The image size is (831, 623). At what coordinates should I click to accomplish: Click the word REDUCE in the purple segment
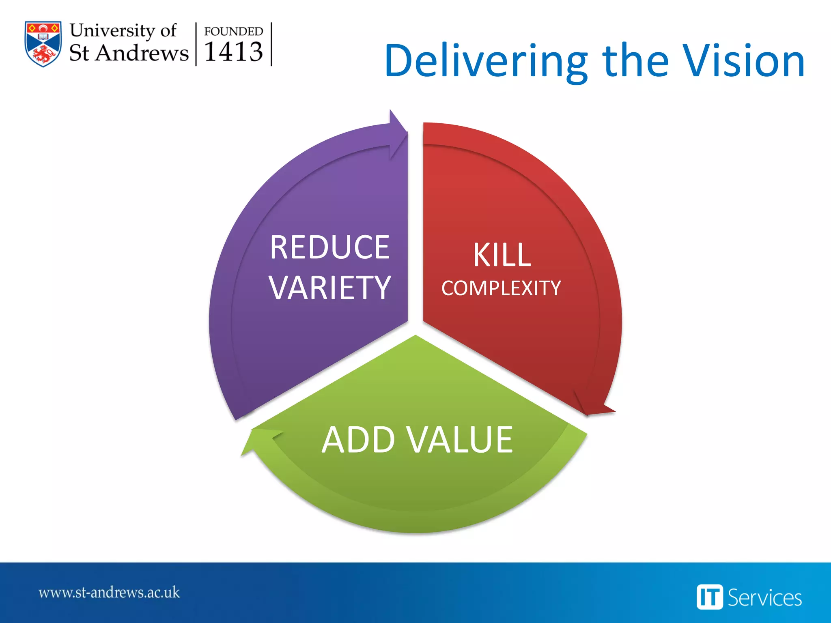click(x=329, y=247)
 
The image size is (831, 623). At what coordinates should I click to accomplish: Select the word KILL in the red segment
click(x=502, y=255)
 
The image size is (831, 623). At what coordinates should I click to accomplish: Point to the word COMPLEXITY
click(x=501, y=288)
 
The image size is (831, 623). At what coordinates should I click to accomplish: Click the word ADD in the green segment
click(x=358, y=440)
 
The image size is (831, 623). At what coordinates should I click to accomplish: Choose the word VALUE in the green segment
click(x=460, y=440)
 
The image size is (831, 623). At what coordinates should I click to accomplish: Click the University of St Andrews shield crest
click(x=43, y=43)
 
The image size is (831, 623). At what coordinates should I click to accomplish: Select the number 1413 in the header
click(x=233, y=52)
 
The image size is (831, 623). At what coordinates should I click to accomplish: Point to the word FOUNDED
click(x=233, y=31)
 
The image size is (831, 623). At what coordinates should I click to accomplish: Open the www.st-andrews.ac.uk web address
click(x=109, y=593)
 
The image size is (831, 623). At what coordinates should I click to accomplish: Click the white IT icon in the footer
click(x=709, y=597)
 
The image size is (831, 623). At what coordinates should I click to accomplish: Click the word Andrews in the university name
click(x=142, y=53)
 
